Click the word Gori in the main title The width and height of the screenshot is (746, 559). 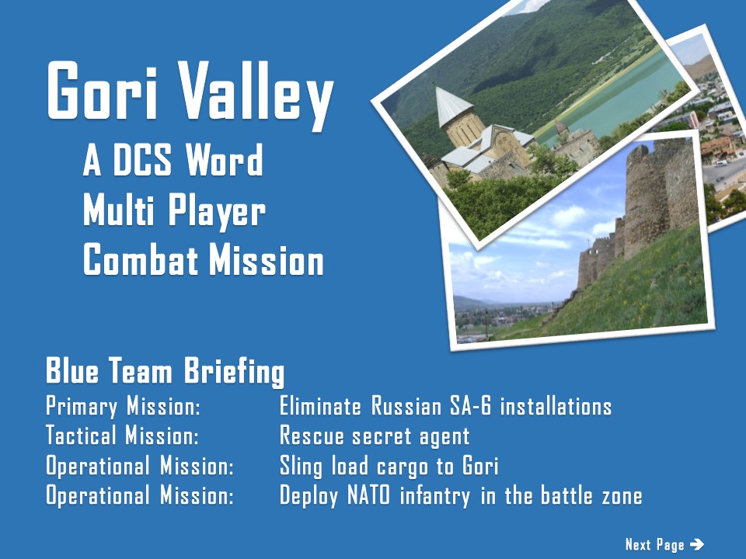pos(102,90)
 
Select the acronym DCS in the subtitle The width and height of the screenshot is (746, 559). pos(141,160)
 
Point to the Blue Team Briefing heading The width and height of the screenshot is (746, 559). pos(165,371)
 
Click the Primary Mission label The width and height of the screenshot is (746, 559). pos(123,407)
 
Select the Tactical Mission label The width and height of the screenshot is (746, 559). pos(122,436)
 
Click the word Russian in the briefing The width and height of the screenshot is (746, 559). pos(406,406)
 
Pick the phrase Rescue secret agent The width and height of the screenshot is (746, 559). pos(375,436)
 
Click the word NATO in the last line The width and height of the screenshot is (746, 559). pos(368,495)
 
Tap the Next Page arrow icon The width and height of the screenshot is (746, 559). pos(696,543)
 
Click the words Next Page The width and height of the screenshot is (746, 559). pos(654,545)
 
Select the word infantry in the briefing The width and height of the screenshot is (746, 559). pos(435,496)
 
